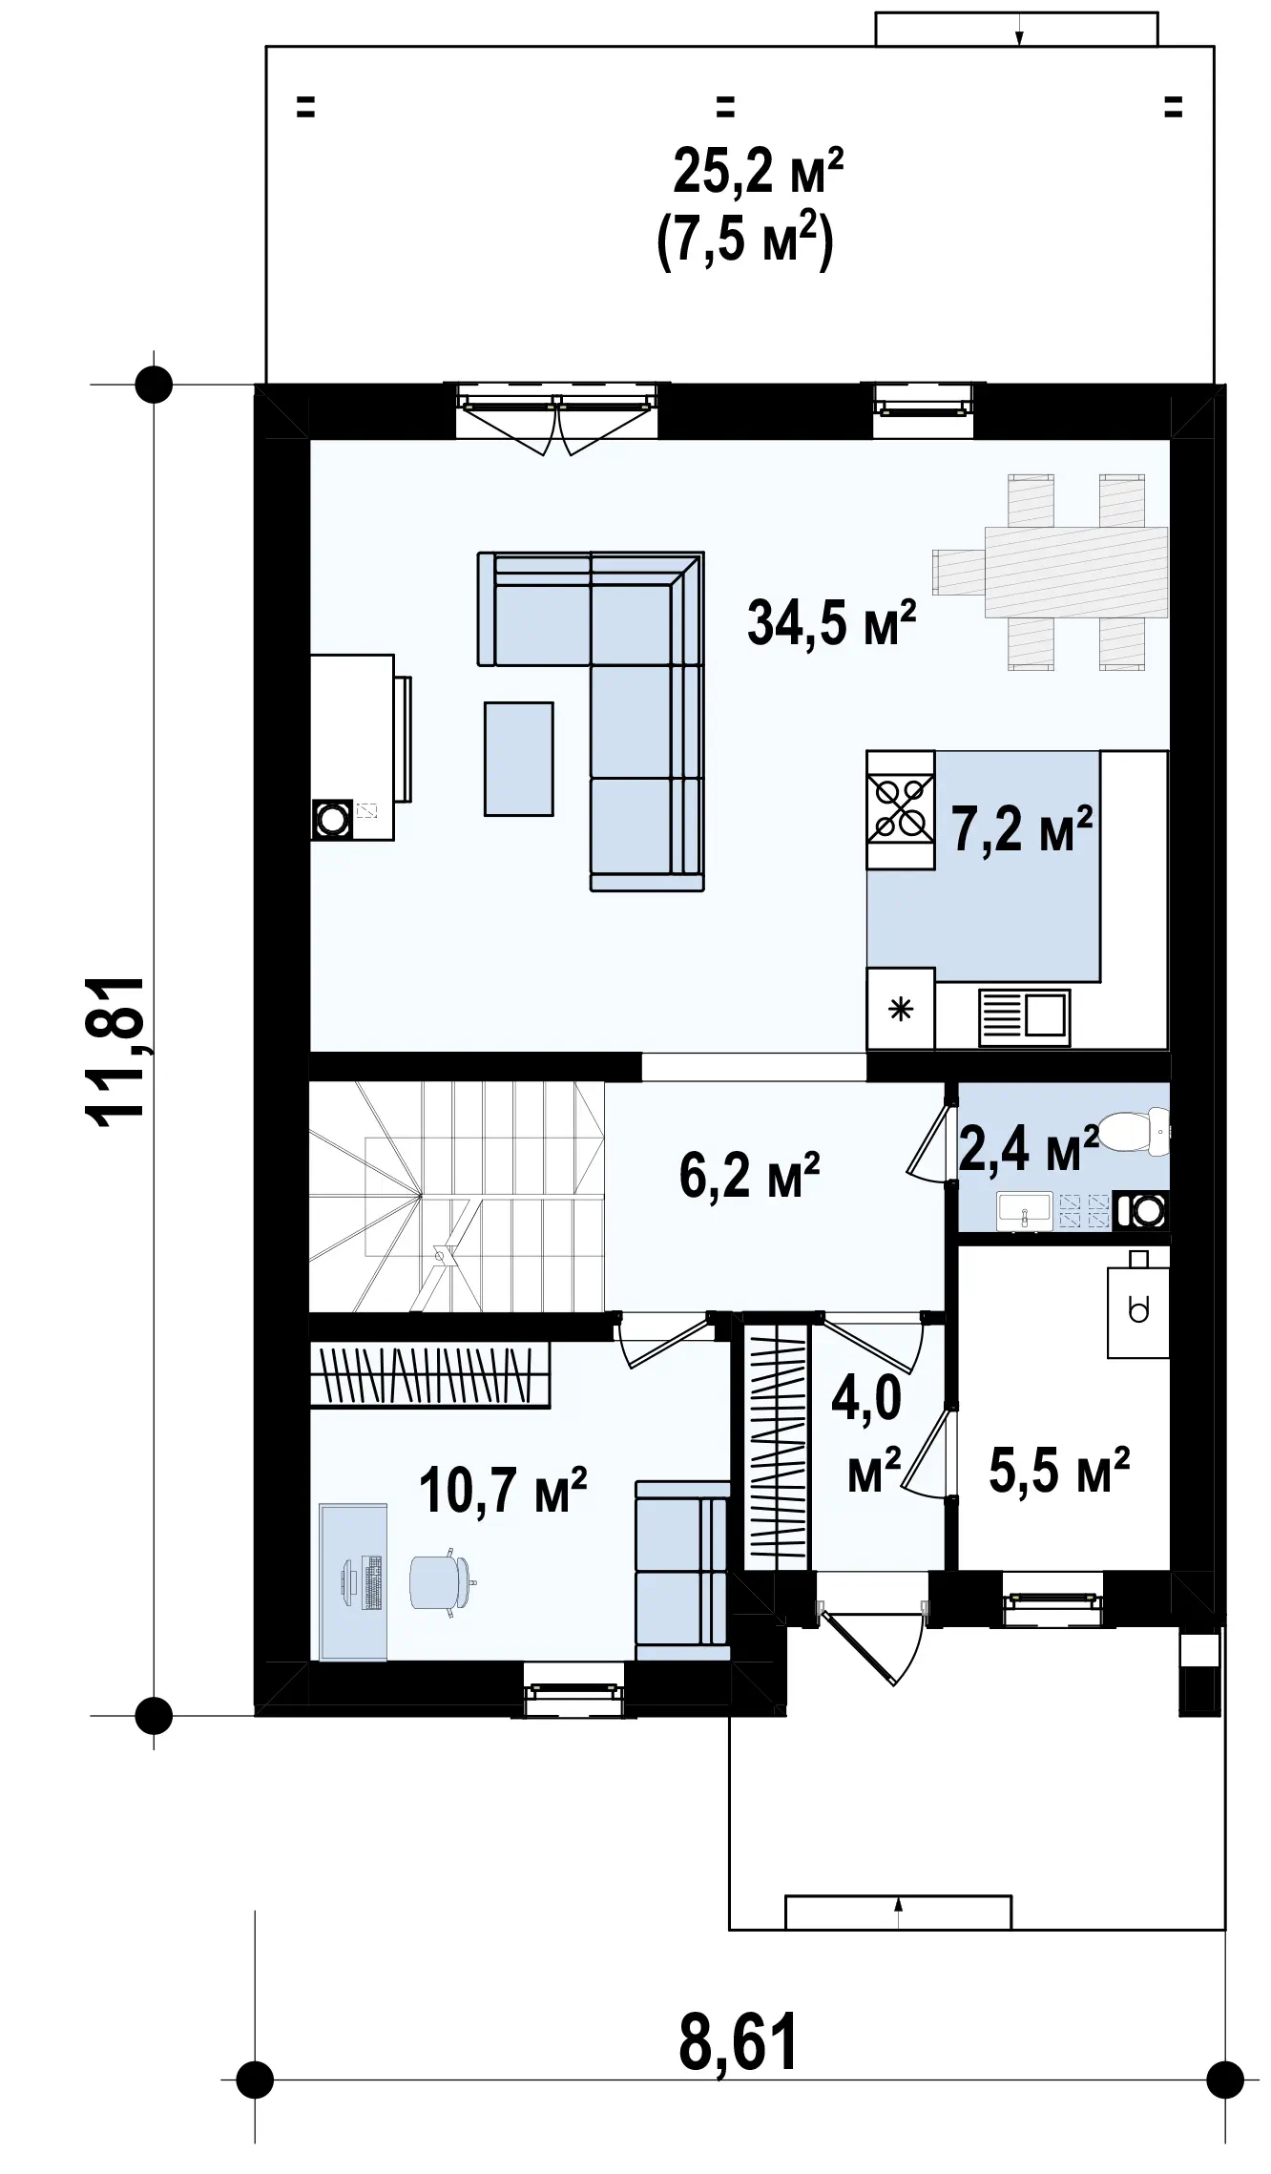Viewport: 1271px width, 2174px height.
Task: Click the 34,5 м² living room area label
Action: [831, 622]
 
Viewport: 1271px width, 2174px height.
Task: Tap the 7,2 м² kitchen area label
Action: [1022, 827]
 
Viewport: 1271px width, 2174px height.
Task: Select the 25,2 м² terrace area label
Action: [758, 171]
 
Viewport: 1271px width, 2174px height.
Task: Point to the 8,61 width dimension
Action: [739, 2041]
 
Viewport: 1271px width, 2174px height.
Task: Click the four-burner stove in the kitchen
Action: [900, 809]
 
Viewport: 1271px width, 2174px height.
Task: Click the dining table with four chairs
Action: [1050, 572]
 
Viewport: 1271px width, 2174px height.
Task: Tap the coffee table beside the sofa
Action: [518, 759]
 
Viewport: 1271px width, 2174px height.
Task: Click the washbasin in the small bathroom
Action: [1024, 1211]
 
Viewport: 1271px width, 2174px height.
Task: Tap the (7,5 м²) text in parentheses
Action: [745, 241]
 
